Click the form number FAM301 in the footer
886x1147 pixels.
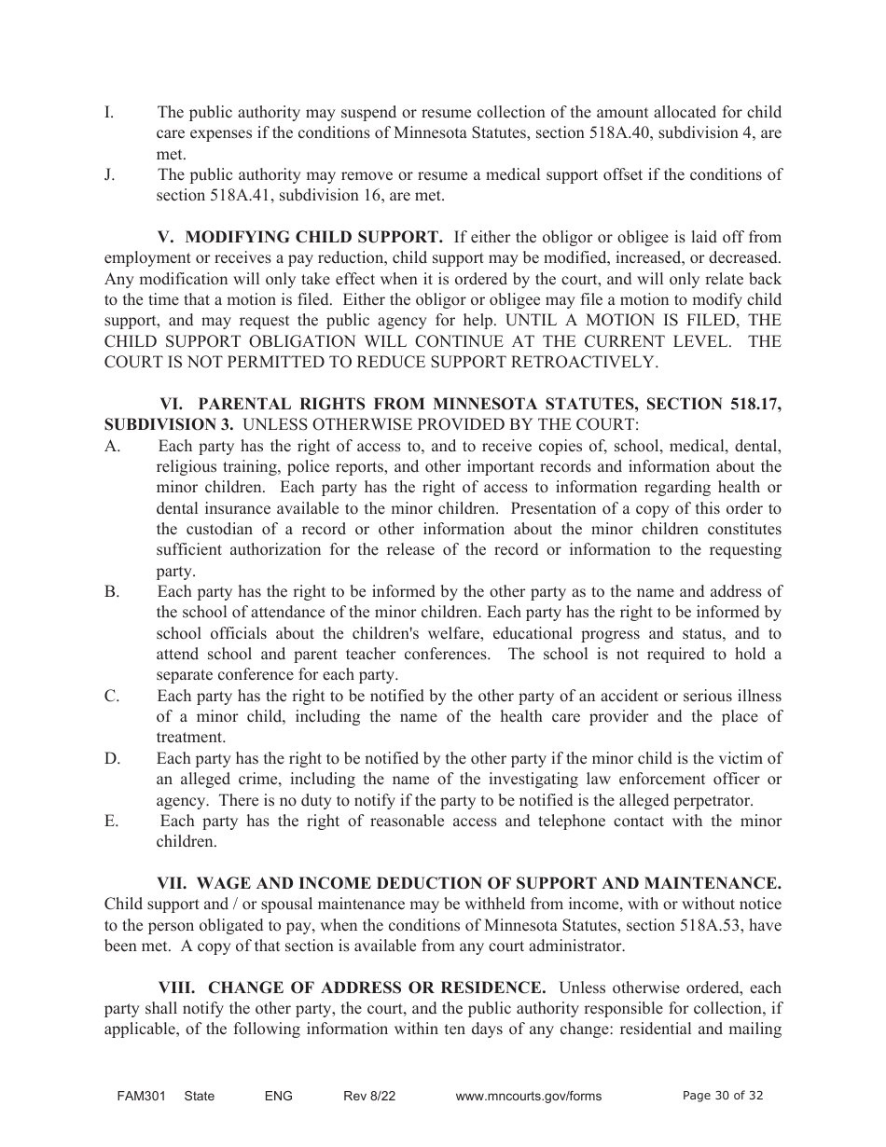tap(134, 1096)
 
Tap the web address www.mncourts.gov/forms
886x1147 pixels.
tap(528, 1096)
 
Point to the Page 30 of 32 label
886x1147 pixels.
tap(723, 1096)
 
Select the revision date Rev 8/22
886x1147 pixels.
tap(369, 1096)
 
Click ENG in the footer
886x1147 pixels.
tap(279, 1096)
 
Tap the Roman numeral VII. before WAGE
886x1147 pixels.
tap(173, 883)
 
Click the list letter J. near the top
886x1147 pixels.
tap(109, 175)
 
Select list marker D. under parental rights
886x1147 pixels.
tap(112, 758)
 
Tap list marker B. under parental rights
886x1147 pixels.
tap(112, 592)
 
